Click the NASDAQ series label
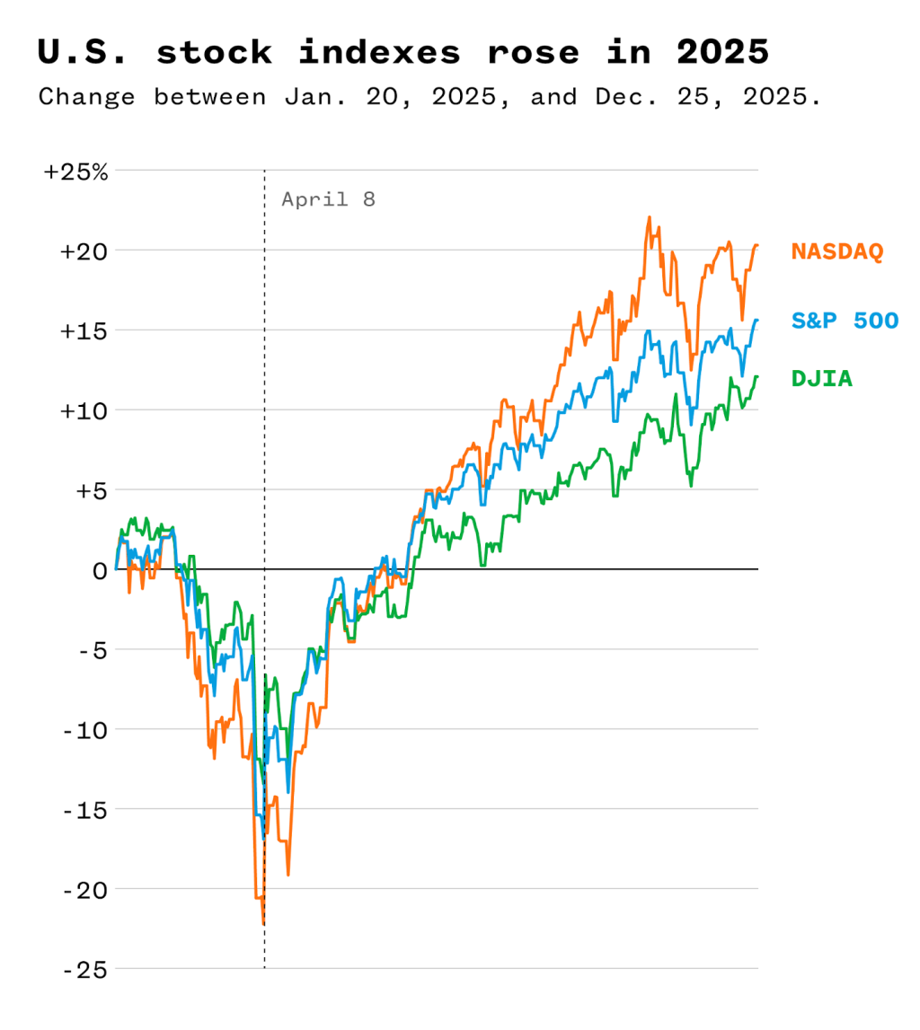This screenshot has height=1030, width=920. [x=837, y=251]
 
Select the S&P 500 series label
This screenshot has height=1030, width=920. [x=845, y=320]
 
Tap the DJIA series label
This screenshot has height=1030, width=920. [x=822, y=379]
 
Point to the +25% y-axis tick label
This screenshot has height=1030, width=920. [x=76, y=172]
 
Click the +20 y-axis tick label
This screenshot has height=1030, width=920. [x=84, y=251]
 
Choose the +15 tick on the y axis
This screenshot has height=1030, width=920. [x=84, y=330]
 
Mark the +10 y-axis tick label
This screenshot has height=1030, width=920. [x=84, y=410]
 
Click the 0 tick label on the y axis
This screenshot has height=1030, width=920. [x=99, y=570]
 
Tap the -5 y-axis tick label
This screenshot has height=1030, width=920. [x=91, y=650]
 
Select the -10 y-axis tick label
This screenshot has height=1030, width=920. [x=85, y=730]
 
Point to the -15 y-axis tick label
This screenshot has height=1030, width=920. [x=85, y=810]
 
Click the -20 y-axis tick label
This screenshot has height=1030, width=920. [x=85, y=890]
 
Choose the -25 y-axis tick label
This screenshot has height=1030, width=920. [x=85, y=970]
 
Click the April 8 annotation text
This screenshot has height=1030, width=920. [x=328, y=199]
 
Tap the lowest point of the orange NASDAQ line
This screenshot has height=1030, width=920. [x=263, y=923]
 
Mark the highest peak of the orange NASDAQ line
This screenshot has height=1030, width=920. [x=649, y=217]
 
